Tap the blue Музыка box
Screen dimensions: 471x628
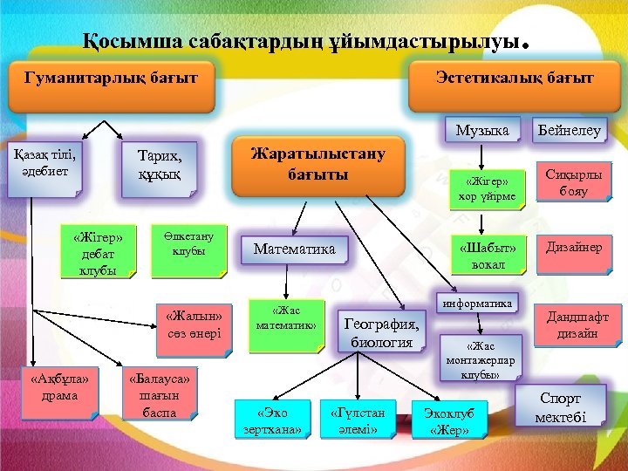482,131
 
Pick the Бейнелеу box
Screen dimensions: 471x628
569,131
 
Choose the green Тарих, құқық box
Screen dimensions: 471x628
160,164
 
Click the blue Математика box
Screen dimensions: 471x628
294,249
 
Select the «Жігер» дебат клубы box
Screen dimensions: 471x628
99,253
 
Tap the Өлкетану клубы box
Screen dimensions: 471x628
189,248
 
